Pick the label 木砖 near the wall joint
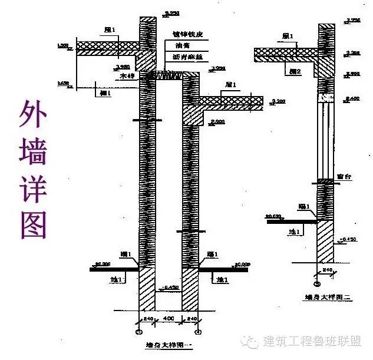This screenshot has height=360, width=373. tap(126, 76)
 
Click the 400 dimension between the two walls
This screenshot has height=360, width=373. tap(169, 319)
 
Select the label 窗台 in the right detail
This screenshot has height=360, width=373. tap(344, 176)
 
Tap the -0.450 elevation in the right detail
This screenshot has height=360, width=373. tap(348, 240)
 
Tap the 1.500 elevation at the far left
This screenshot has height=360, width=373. tap(63, 45)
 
